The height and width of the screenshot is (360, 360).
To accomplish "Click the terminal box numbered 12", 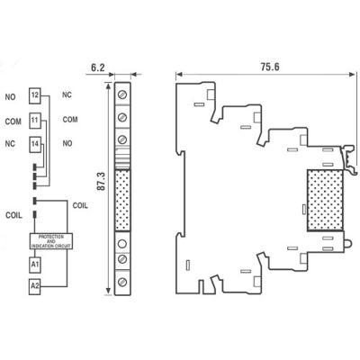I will [34, 94].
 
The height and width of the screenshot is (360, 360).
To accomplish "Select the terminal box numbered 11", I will [34, 119].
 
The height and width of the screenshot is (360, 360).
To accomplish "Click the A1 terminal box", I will [34, 265].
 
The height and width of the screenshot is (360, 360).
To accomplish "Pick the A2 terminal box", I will [34, 288].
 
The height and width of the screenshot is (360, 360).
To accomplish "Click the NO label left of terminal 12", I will [11, 95].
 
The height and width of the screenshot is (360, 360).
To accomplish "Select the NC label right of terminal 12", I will [67, 94].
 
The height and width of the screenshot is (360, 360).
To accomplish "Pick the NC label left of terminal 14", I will [11, 144].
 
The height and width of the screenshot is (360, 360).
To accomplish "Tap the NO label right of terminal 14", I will [67, 143].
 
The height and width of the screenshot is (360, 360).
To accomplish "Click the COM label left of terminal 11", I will [13, 120].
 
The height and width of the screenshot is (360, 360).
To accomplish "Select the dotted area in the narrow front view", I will [122, 197].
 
